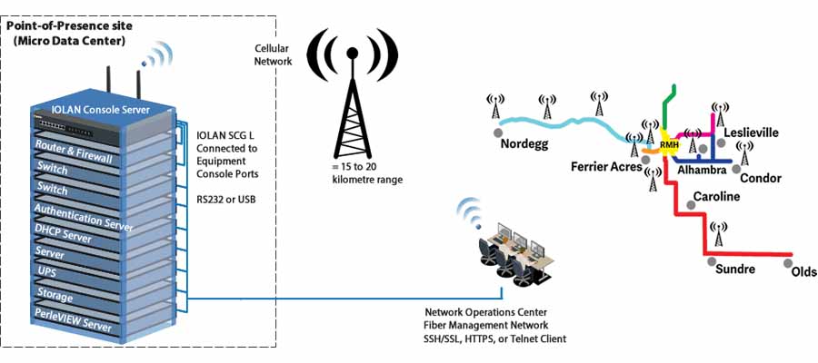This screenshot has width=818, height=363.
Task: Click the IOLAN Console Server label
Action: (101, 109)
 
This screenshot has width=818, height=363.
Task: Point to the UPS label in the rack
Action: (46, 270)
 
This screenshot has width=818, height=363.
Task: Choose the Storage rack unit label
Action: (55, 294)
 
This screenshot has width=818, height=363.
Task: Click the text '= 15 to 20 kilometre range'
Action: (367, 173)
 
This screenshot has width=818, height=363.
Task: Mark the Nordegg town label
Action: (525, 144)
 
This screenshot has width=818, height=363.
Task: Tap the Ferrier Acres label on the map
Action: (607, 167)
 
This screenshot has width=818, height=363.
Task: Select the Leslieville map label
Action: (751, 132)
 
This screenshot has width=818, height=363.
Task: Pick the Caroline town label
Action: (716, 197)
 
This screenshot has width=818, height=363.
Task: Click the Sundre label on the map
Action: (734, 270)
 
